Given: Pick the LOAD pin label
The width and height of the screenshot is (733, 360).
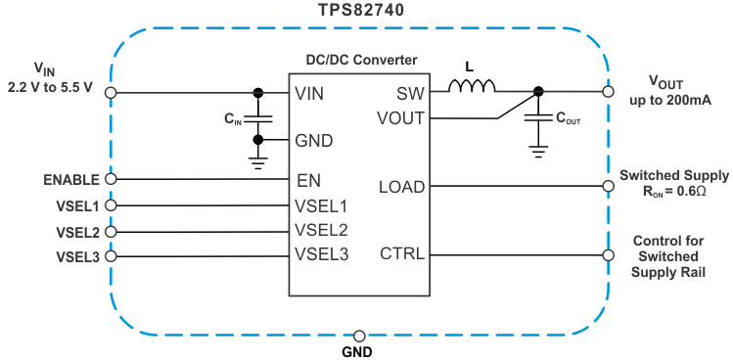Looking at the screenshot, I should [x=403, y=186].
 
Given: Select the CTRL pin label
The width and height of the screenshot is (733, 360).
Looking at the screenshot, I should [x=403, y=254].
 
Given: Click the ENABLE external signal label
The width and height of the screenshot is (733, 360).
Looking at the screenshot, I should [x=71, y=180].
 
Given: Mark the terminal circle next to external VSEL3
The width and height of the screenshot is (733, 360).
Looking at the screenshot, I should [x=111, y=256].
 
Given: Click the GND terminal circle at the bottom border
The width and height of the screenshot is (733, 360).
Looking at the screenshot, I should [x=360, y=335].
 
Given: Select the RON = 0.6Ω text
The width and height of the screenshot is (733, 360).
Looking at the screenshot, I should [x=672, y=192].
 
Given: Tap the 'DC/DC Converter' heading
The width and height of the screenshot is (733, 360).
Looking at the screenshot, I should [x=361, y=61].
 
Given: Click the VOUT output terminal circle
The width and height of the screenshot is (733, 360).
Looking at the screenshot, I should [x=608, y=92].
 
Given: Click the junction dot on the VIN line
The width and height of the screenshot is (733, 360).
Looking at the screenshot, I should [x=257, y=93].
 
